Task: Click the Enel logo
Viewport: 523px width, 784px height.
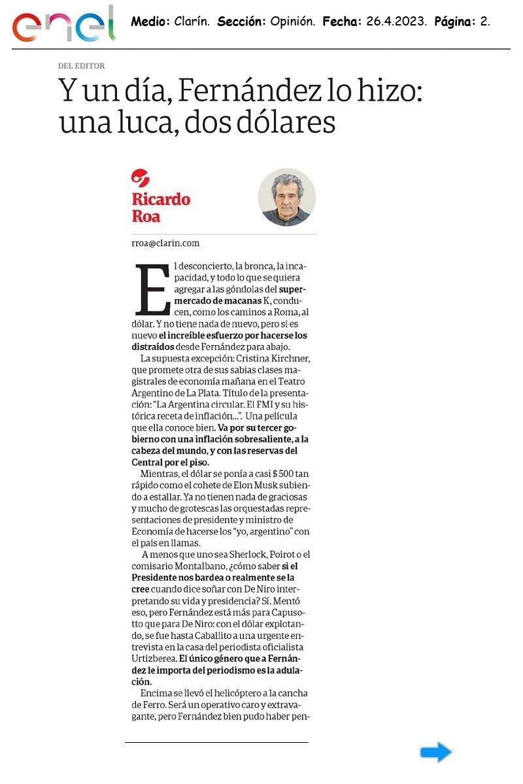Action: coord(63,25)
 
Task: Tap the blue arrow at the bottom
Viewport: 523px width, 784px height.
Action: coord(435,753)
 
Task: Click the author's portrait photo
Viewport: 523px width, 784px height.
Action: coord(286,197)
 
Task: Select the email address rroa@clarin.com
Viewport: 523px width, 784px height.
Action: coord(165,243)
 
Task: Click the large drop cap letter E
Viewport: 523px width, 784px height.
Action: coord(152,290)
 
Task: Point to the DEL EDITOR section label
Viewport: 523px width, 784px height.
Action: coord(81,66)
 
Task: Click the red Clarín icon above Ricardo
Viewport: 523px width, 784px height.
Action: coord(141,177)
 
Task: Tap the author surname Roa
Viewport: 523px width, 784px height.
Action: coord(146,216)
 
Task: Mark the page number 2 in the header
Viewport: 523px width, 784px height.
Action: coord(484,22)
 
